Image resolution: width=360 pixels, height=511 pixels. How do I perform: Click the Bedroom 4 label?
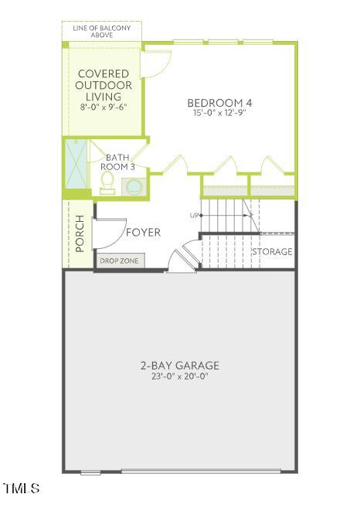tap(219, 103)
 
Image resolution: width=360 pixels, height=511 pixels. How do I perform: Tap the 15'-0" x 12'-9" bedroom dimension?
tap(219, 114)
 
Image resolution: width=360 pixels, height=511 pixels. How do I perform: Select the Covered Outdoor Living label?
tap(104, 85)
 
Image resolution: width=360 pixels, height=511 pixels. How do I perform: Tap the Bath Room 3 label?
tap(117, 162)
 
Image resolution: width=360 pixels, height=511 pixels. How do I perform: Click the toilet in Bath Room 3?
tap(107, 182)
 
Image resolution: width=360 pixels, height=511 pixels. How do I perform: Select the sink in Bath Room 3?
tap(132, 186)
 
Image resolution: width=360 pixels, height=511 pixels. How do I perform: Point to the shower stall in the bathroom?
tap(76, 166)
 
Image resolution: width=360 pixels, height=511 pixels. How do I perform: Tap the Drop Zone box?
tap(120, 261)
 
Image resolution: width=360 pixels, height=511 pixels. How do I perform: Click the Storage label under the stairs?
tap(272, 252)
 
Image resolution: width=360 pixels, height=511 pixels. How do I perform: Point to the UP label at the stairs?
tap(195, 215)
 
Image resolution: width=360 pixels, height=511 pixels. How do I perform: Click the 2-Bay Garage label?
tap(180, 366)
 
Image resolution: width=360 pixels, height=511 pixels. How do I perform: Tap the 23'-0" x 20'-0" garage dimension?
tap(180, 376)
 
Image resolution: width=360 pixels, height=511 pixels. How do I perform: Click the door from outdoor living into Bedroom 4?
tap(157, 63)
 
